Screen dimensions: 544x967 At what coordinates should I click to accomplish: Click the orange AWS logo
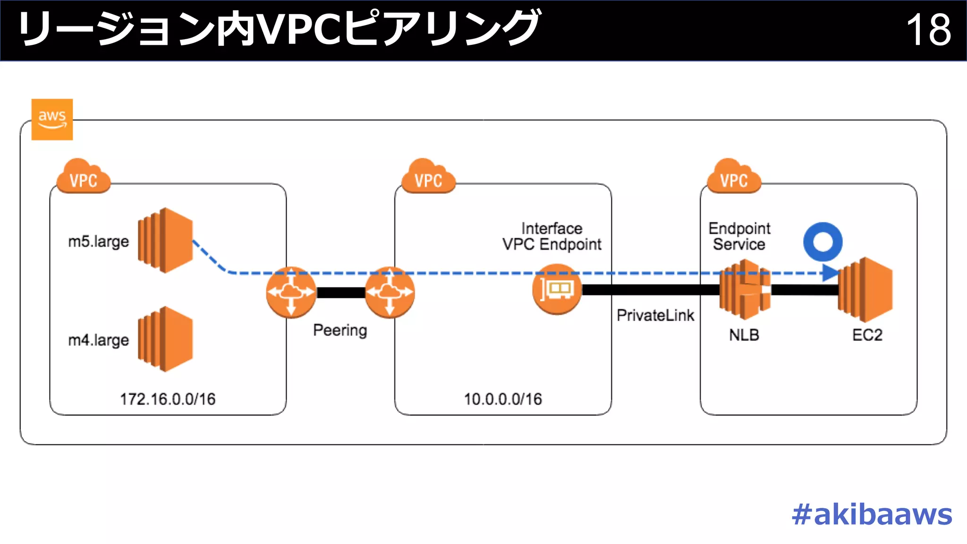point(52,119)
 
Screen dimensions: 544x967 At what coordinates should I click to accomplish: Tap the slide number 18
point(928,30)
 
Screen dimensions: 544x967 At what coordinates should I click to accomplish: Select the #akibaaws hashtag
point(872,514)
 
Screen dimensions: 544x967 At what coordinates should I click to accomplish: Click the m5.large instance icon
point(165,240)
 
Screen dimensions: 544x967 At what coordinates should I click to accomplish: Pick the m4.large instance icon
point(165,339)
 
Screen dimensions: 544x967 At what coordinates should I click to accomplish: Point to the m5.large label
point(98,242)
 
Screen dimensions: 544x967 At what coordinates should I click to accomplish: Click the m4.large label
point(98,340)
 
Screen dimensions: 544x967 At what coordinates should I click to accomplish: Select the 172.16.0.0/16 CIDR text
point(168,399)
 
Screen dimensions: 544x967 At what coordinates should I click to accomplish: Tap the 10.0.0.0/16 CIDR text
point(503,399)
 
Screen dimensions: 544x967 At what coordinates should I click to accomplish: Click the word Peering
point(340,330)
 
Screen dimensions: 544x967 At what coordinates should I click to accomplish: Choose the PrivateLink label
point(655,315)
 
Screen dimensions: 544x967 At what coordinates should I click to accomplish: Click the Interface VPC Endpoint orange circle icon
point(557,289)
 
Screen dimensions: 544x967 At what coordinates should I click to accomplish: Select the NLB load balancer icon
point(745,289)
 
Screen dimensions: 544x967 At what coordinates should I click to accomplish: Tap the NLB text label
point(744,335)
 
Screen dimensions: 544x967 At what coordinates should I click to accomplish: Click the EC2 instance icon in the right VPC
point(865,289)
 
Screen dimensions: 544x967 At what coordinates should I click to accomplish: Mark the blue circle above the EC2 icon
point(823,242)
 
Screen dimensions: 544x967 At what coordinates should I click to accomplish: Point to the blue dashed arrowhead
point(830,272)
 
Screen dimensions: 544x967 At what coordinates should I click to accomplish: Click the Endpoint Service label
point(739,236)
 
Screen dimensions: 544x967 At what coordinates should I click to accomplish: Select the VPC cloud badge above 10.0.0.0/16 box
point(428,177)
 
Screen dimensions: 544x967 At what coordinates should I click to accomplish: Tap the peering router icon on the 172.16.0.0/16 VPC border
point(291,292)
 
